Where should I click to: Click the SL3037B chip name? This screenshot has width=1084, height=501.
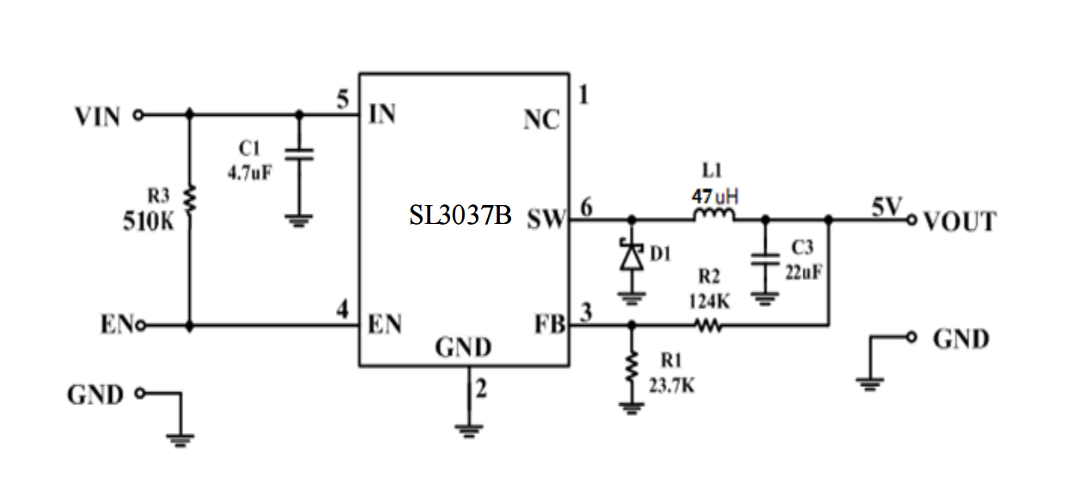click(x=460, y=216)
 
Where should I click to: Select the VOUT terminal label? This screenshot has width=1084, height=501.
click(x=959, y=222)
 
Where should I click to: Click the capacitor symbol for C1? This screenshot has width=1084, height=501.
click(x=299, y=154)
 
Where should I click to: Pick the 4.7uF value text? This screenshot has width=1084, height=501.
click(x=248, y=172)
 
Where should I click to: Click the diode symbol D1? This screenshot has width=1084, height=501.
click(x=632, y=257)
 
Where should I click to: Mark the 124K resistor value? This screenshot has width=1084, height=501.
click(x=709, y=301)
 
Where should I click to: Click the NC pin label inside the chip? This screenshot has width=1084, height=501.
click(x=541, y=121)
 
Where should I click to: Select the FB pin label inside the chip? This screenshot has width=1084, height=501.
click(x=549, y=326)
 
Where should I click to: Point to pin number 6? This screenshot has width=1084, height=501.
click(x=586, y=207)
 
